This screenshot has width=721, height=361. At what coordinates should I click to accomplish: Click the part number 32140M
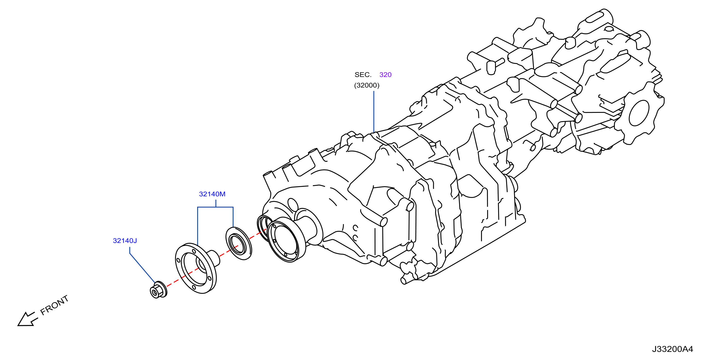(x=212, y=194)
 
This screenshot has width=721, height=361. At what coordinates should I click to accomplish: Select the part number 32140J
(x=125, y=241)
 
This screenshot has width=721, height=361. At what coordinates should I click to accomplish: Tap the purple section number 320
(x=385, y=75)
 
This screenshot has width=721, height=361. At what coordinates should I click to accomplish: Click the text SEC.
(x=363, y=75)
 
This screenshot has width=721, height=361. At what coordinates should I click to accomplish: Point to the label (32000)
(x=367, y=85)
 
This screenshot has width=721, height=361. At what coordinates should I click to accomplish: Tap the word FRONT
(x=54, y=305)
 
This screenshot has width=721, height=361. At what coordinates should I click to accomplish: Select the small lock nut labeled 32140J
(x=158, y=290)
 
